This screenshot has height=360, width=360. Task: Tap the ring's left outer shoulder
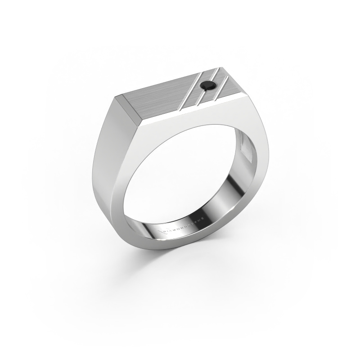tap(101, 148)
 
